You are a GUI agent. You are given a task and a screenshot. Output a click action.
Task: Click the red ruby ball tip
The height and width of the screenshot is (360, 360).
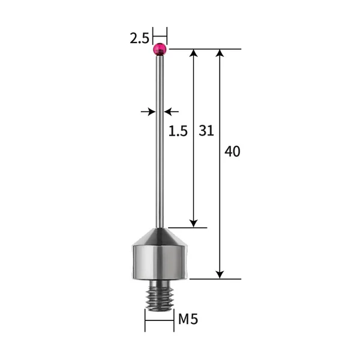point(160,49)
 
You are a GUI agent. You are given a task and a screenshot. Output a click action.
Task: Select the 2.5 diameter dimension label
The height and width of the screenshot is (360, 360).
point(139,39)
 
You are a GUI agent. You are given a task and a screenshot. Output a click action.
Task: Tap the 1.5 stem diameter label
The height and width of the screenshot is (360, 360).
point(178,130)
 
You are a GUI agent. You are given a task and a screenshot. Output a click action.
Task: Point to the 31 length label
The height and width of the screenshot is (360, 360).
point(206,130)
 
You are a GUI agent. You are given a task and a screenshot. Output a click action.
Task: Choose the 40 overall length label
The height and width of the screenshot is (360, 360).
point(232,151)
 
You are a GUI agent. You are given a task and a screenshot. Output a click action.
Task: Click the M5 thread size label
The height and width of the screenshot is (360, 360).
point(188,319)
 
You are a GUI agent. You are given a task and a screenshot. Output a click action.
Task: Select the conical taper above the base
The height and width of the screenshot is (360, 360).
point(160,235)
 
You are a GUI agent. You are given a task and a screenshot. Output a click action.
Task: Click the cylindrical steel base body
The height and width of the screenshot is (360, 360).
point(160,261)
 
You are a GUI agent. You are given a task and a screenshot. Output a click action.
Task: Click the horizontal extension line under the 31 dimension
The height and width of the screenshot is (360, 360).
point(187,227)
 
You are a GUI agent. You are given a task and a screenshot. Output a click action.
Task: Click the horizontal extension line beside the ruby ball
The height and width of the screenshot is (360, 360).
point(204,49)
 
